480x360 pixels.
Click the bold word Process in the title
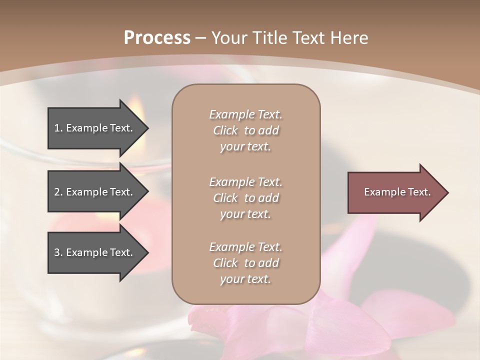(157, 38)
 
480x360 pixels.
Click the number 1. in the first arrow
(58, 128)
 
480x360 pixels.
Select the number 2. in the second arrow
(58, 192)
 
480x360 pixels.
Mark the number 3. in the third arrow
(58, 252)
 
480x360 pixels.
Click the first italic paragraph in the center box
(245, 130)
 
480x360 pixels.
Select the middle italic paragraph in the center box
(245, 198)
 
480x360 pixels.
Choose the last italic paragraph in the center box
(245, 263)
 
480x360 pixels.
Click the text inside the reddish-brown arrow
(397, 192)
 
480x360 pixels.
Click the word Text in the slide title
(306, 38)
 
